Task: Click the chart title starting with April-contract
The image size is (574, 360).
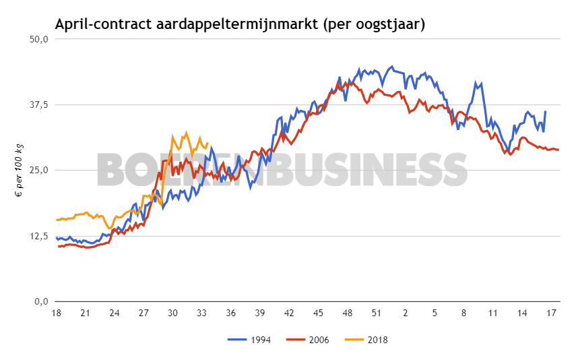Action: click(240, 24)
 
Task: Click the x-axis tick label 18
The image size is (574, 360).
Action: click(57, 313)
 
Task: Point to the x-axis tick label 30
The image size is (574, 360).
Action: click(172, 313)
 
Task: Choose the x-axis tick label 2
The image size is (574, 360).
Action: click(406, 313)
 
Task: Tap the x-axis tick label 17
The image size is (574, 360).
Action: click(550, 313)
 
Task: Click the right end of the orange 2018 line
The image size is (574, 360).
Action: click(207, 143)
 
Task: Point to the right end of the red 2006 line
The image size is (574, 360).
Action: click(559, 150)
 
